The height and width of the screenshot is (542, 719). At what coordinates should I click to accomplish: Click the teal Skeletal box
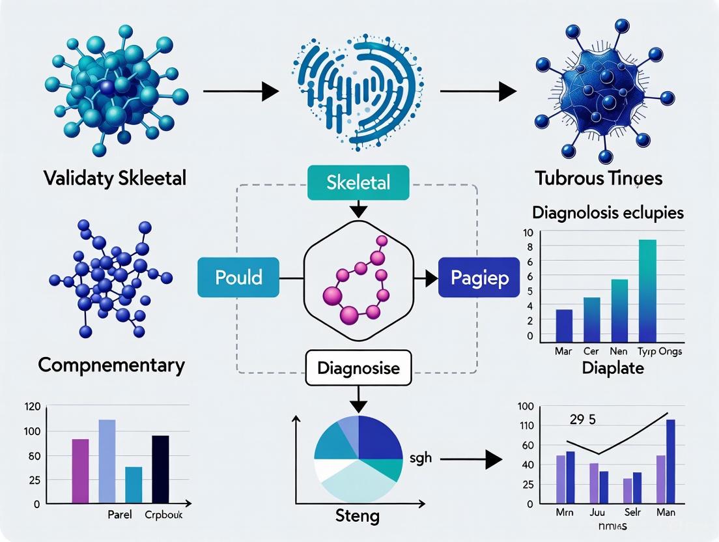[x=358, y=182]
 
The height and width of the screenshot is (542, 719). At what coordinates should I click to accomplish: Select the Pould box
[x=238, y=278]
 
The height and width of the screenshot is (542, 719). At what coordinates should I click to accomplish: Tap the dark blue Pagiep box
[x=479, y=278]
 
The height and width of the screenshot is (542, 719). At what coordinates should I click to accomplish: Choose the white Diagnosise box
[x=359, y=368]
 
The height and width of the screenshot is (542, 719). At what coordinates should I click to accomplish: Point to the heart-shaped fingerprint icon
[x=357, y=92]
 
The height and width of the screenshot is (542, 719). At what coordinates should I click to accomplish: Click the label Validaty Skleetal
[x=115, y=178]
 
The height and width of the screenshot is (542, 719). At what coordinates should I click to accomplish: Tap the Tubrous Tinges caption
[x=599, y=178]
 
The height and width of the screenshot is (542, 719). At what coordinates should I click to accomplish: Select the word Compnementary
[x=111, y=365]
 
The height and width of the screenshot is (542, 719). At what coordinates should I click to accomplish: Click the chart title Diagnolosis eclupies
[x=608, y=213]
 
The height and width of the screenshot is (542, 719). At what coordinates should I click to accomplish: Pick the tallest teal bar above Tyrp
[x=647, y=291]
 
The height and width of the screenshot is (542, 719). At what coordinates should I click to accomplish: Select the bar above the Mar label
[x=564, y=326]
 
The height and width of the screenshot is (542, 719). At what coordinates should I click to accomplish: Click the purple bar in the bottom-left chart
[x=80, y=471]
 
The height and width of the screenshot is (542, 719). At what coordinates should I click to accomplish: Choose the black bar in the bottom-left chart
[x=160, y=469]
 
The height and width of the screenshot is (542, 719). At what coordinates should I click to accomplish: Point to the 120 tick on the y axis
[x=32, y=406]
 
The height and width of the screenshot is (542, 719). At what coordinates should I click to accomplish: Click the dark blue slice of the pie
[x=379, y=438]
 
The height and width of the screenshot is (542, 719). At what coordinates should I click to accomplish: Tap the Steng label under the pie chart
[x=358, y=517]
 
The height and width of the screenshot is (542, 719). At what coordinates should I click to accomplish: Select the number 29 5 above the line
[x=583, y=419]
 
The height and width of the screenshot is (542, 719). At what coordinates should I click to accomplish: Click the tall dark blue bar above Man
[x=670, y=461]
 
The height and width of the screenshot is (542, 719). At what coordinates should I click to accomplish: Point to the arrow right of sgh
[x=471, y=459]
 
